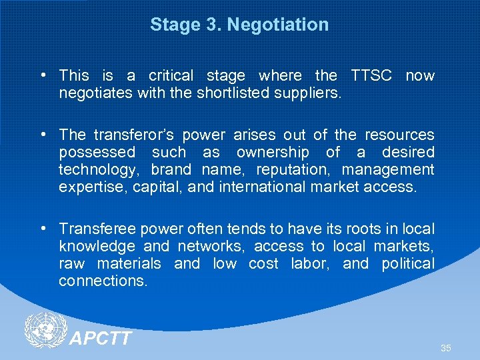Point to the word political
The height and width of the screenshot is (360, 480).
[x=407, y=264]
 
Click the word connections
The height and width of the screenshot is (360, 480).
[x=103, y=281]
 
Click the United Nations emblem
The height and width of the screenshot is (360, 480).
[x=45, y=331]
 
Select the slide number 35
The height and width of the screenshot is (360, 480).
[x=446, y=349]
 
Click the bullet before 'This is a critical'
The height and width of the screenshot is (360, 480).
[x=43, y=75]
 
